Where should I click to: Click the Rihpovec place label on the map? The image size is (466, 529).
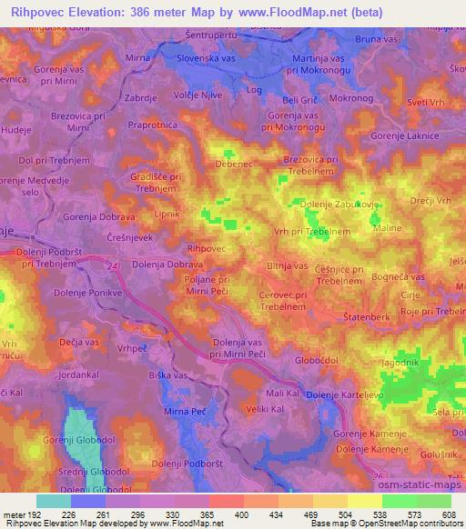204,247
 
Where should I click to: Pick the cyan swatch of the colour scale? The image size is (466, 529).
55,500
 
